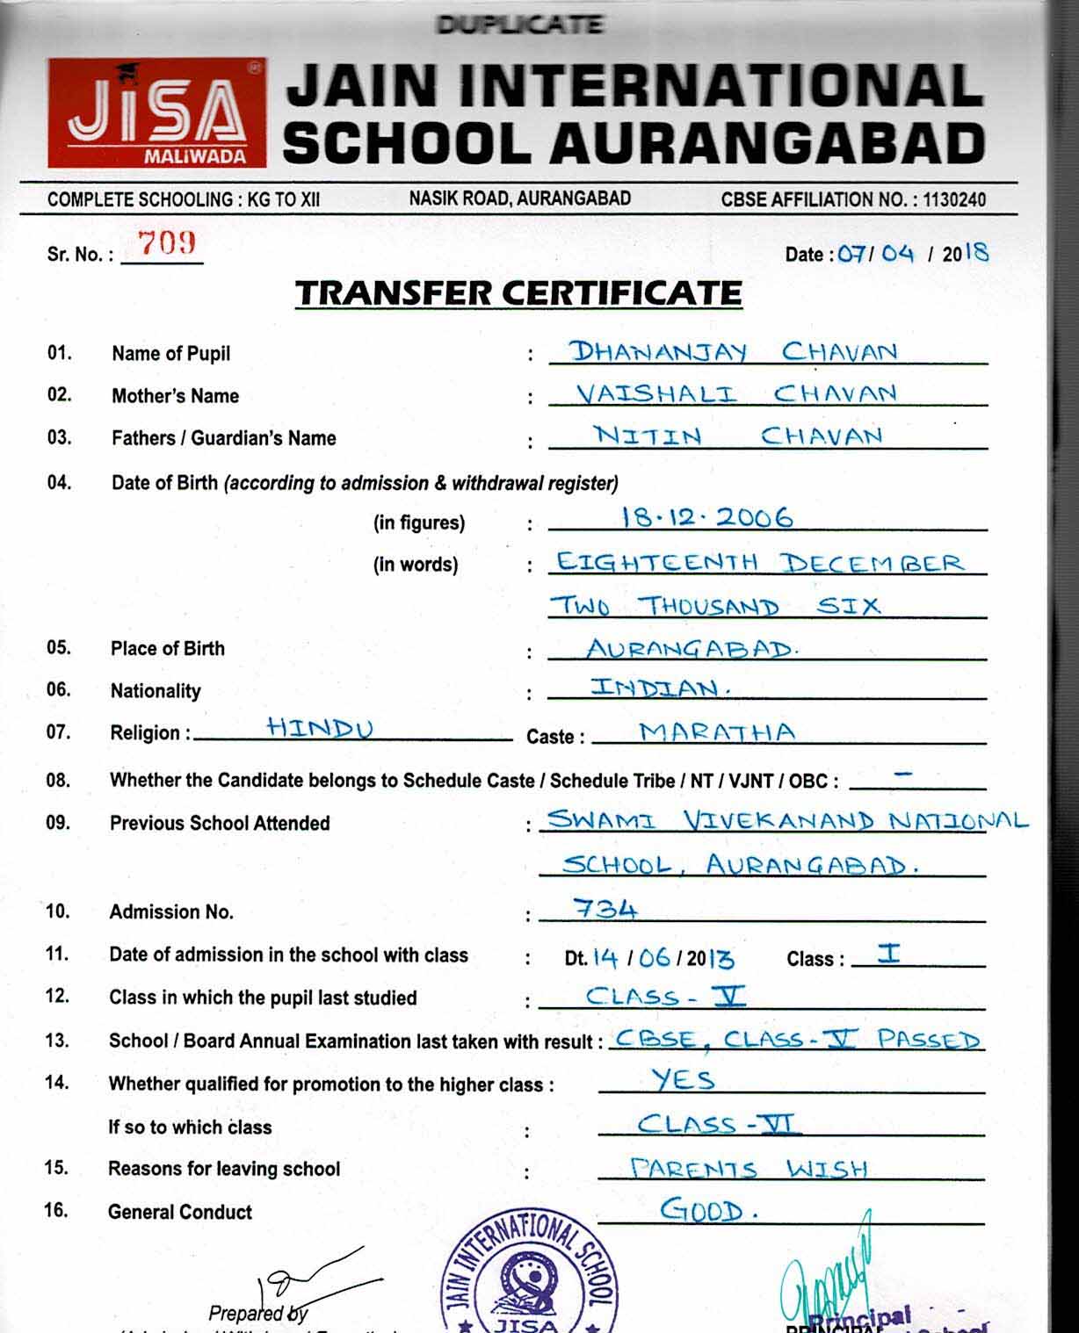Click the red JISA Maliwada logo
[156, 112]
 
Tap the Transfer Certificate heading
[518, 292]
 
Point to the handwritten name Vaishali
[656, 393]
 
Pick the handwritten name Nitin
[648, 435]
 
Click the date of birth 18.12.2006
[706, 517]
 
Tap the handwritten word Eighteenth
[656, 562]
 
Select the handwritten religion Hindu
[320, 728]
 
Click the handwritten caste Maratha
[717, 731]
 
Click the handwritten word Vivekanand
[778, 821]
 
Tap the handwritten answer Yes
[684, 1079]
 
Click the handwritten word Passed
[928, 1040]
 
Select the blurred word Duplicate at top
[520, 24]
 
